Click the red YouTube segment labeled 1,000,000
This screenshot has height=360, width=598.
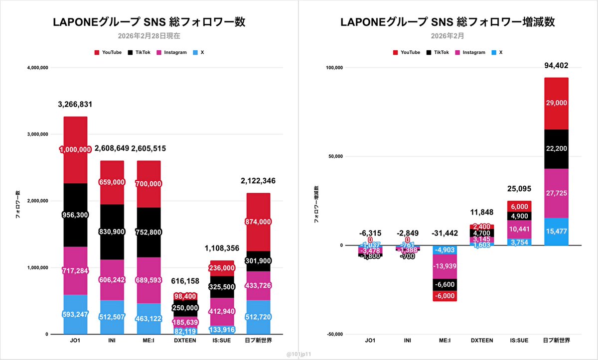(x=75, y=149)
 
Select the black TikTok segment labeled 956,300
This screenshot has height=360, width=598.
(x=75, y=215)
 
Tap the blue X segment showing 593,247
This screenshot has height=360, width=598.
(x=75, y=314)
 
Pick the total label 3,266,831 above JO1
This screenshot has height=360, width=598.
(x=75, y=105)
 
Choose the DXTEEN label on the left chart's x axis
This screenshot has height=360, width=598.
(x=184, y=341)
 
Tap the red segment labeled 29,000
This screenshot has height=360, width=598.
(x=556, y=103)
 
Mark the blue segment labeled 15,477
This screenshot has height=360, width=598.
(x=556, y=232)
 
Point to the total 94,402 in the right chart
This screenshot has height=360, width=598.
(x=556, y=65)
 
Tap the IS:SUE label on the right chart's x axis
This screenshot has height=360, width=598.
(x=519, y=341)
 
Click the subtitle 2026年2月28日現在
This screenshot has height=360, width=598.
(x=149, y=35)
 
